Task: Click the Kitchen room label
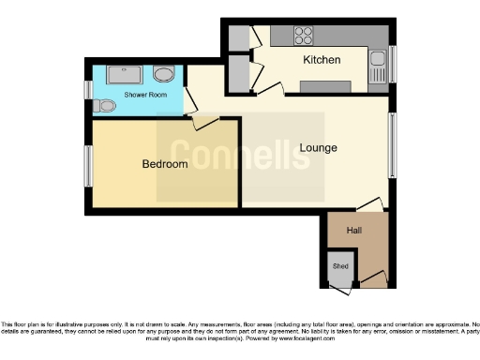[x=321, y=61]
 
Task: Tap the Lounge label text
[x=318, y=148]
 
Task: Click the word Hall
[x=354, y=230]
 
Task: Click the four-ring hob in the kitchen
[x=304, y=37]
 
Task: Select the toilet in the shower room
[x=105, y=105]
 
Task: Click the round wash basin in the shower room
[x=163, y=74]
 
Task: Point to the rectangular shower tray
[x=123, y=74]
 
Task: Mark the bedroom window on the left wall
[x=88, y=166]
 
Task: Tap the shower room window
[x=88, y=90]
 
